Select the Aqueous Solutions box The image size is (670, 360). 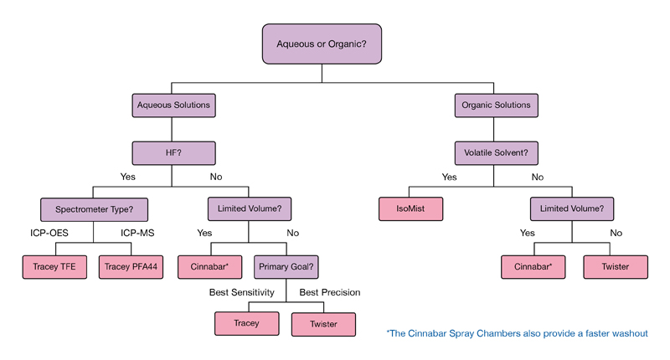[x=173, y=105]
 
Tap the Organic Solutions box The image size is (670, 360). [x=496, y=105]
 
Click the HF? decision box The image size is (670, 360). [x=173, y=153]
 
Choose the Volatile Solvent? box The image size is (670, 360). [x=496, y=153]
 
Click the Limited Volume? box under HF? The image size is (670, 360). [x=249, y=208]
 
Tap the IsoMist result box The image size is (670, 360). [x=410, y=208]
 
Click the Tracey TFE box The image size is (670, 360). [x=54, y=267]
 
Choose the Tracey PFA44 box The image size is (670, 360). [x=131, y=267]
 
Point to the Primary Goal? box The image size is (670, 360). [x=286, y=267]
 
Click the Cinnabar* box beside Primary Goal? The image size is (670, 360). [x=209, y=267]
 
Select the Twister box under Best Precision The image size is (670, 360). [x=323, y=324]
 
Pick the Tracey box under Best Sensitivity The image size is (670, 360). [x=247, y=324]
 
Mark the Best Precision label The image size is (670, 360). [x=330, y=293]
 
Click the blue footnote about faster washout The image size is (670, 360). [x=517, y=333]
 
